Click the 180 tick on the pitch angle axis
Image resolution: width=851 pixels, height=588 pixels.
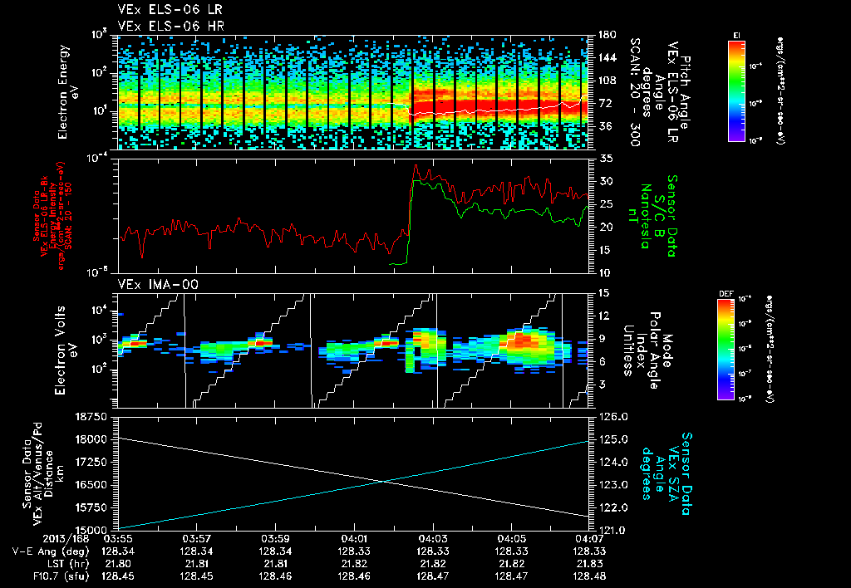[x=604, y=35]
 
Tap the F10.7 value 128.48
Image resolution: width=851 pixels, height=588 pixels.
[x=589, y=575]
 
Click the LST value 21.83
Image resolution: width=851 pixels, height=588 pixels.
[x=589, y=563]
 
